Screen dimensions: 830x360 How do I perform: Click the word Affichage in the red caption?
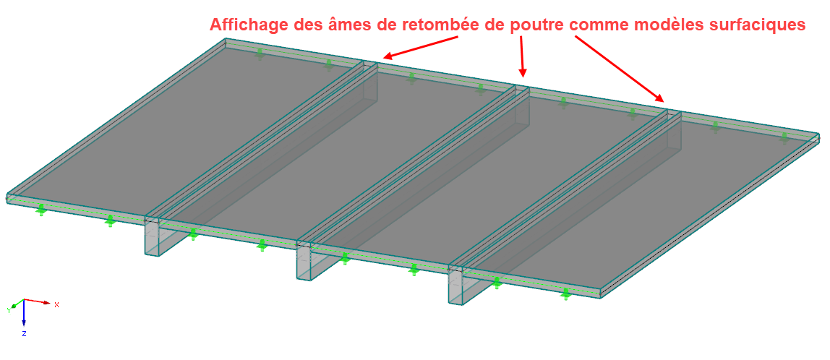[248, 25]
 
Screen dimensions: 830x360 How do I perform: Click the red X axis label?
[56, 304]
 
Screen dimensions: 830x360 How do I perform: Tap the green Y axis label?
[9, 310]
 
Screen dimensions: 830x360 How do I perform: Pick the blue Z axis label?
[25, 333]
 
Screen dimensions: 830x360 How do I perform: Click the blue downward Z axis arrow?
[25, 314]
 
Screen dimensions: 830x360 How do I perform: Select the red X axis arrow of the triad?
[37, 301]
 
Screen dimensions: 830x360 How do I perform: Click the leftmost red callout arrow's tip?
[384, 56]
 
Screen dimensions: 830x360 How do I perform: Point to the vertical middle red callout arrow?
[523, 56]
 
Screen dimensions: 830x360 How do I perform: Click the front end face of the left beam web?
[152, 239]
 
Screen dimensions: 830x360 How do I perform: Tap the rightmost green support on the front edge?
[565, 293]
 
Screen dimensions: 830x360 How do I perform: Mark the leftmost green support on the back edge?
[260, 53]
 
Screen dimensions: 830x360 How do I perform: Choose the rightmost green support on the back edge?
[784, 137]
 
